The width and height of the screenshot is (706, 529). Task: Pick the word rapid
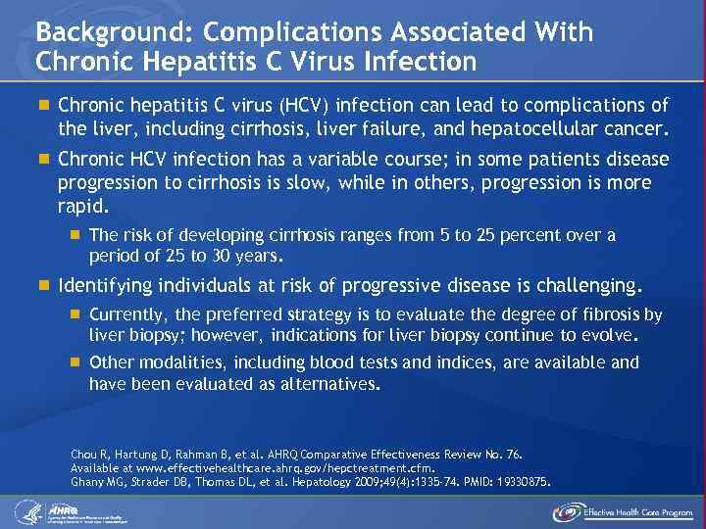coord(82,207)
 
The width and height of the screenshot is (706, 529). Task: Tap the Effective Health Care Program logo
coord(623,510)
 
